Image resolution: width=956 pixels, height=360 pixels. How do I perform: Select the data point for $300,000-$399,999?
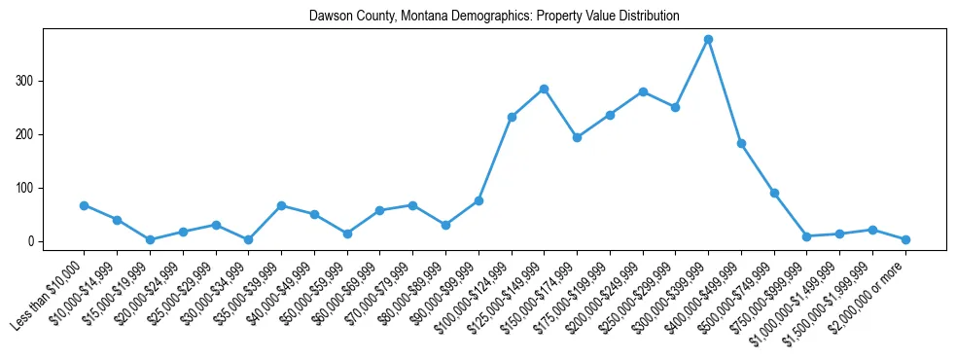pos(708,40)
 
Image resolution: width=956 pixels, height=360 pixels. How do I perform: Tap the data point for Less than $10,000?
pos(84,205)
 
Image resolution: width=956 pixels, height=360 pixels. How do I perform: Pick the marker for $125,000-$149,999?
pos(544,89)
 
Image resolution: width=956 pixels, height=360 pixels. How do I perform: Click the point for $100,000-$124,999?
pos(512,117)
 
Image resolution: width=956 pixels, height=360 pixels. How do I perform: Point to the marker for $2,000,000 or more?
pos(905,239)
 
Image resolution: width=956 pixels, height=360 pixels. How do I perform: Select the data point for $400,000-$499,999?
pos(741,143)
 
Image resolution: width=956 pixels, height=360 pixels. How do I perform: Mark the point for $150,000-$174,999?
pos(577,137)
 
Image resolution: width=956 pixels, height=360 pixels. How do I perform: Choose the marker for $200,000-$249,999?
pos(643,91)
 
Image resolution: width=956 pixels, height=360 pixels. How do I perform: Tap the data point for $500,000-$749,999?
pos(774,193)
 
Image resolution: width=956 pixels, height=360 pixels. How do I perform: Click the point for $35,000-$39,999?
pos(281,205)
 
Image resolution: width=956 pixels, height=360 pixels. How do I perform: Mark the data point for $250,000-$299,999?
pos(675,107)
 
